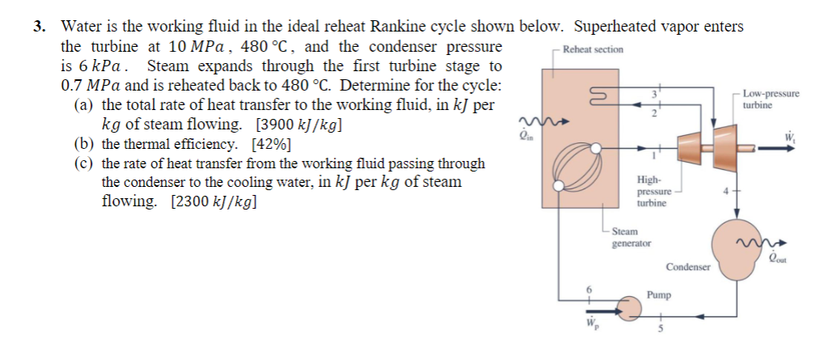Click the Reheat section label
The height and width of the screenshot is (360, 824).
click(593, 49)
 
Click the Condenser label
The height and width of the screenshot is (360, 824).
click(688, 266)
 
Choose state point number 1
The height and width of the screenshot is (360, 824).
click(653, 154)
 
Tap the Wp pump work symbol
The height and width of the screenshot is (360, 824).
click(589, 328)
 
